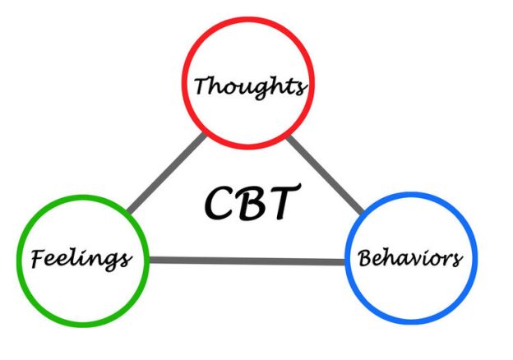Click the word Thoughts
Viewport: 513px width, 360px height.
tap(252, 85)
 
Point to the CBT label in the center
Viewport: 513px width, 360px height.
tap(247, 202)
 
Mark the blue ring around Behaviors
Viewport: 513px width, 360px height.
tap(410, 197)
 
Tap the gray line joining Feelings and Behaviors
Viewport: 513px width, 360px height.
tap(247, 261)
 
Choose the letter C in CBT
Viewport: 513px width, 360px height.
tap(216, 204)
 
